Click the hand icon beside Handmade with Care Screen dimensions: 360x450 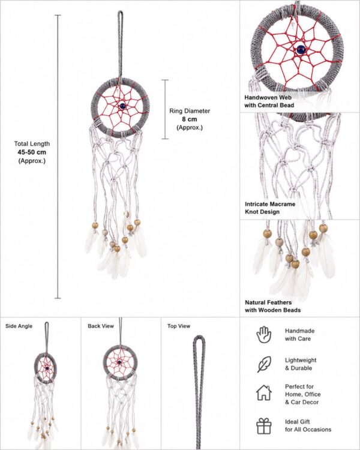coord(263,335)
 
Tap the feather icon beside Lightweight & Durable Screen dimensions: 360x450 coord(264,364)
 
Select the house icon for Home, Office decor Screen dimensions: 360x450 coord(264,393)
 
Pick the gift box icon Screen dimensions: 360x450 coord(264,426)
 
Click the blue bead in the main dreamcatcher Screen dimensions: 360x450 coord(122,106)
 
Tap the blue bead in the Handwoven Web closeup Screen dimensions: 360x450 coord(301,50)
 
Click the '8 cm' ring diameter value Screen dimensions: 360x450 coord(190,119)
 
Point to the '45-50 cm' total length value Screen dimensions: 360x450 coord(32,152)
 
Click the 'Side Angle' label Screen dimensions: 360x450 coord(19,326)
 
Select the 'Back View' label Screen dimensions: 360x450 coord(101,326)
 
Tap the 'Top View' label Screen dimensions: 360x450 coord(179,326)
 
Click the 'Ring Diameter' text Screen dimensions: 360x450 coord(190,111)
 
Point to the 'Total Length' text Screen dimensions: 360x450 coord(32,144)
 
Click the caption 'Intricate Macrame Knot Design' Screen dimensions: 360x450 coord(270,208)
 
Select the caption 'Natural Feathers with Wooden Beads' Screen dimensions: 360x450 coord(273,306)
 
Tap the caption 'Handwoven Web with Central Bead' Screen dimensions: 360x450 coord(269,101)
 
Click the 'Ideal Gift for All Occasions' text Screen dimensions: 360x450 coord(308,425)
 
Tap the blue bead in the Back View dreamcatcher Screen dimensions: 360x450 coord(119,362)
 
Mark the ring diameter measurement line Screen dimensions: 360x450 coord(165,109)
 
